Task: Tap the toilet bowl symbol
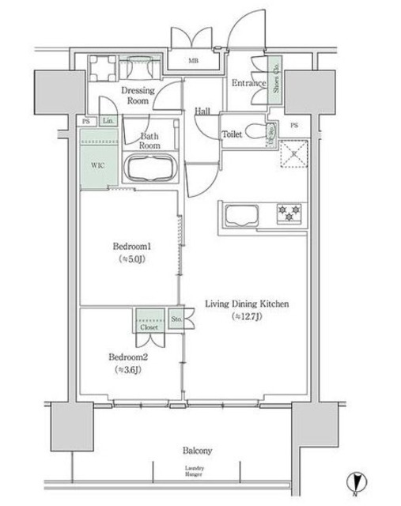[255, 131]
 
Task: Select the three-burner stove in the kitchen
[290, 212]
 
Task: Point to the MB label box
[193, 60]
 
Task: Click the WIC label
[96, 166]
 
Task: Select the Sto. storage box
[176, 320]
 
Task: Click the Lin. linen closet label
[108, 121]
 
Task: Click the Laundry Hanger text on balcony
[195, 473]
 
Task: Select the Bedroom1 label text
[130, 247]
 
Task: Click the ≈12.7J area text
[247, 316]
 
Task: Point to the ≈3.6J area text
[127, 368]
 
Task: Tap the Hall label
[202, 111]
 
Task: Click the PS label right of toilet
[294, 125]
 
